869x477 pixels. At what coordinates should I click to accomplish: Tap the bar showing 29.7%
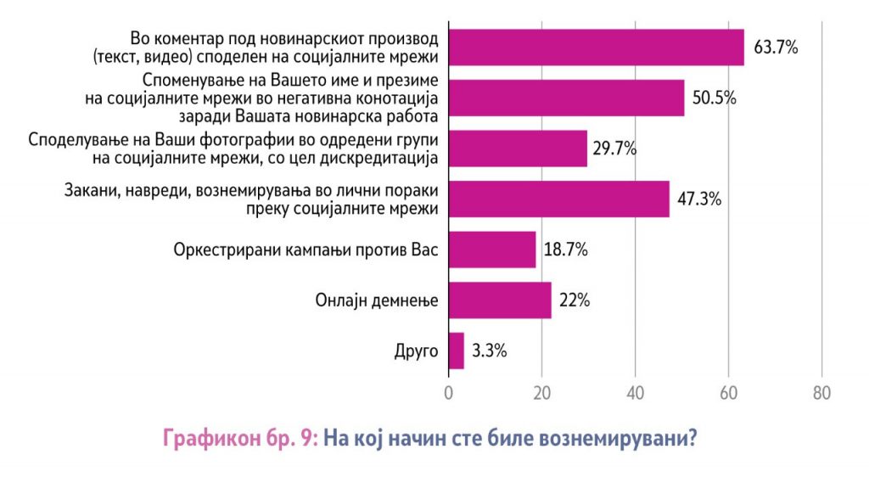518,149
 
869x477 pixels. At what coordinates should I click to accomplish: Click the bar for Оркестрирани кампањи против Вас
492,250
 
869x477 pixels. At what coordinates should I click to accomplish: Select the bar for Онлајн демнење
500,300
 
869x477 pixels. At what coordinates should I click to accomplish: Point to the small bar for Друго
457,351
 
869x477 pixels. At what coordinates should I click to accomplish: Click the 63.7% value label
776,48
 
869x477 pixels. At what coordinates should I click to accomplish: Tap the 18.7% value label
565,250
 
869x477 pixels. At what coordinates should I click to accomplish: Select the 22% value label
574,300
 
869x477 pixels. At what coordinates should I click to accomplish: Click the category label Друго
416,351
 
